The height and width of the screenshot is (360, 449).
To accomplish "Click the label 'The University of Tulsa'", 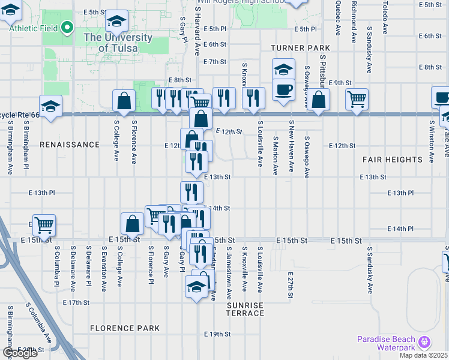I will click(118, 43).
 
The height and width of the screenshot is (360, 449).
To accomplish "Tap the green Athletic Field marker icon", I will click(68, 28).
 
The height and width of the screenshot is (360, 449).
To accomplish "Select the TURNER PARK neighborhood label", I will click(300, 48).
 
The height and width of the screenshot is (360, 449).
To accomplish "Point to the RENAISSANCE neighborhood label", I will click(70, 145).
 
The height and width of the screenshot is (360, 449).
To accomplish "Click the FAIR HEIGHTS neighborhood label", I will click(393, 160).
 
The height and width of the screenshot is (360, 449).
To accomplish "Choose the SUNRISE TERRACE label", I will click(245, 310).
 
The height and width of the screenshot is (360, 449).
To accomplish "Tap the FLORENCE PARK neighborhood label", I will click(125, 328).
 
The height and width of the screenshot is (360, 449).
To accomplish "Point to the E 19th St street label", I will click(217, 334).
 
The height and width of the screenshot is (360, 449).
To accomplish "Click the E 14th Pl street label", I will click(400, 229).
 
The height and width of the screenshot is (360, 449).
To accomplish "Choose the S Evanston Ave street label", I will click(104, 265).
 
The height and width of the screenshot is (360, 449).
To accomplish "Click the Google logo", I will click(20, 353).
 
